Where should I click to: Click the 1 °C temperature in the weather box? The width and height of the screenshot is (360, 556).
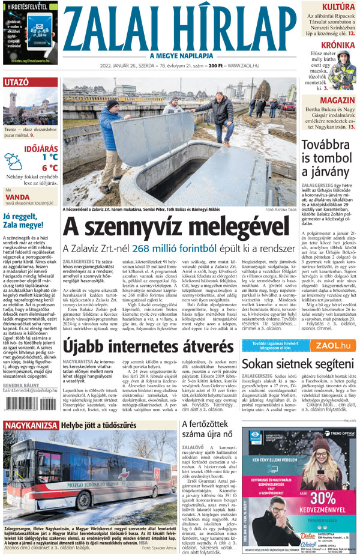pos(50,157)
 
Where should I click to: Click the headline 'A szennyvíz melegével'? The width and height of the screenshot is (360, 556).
pos(178,226)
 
